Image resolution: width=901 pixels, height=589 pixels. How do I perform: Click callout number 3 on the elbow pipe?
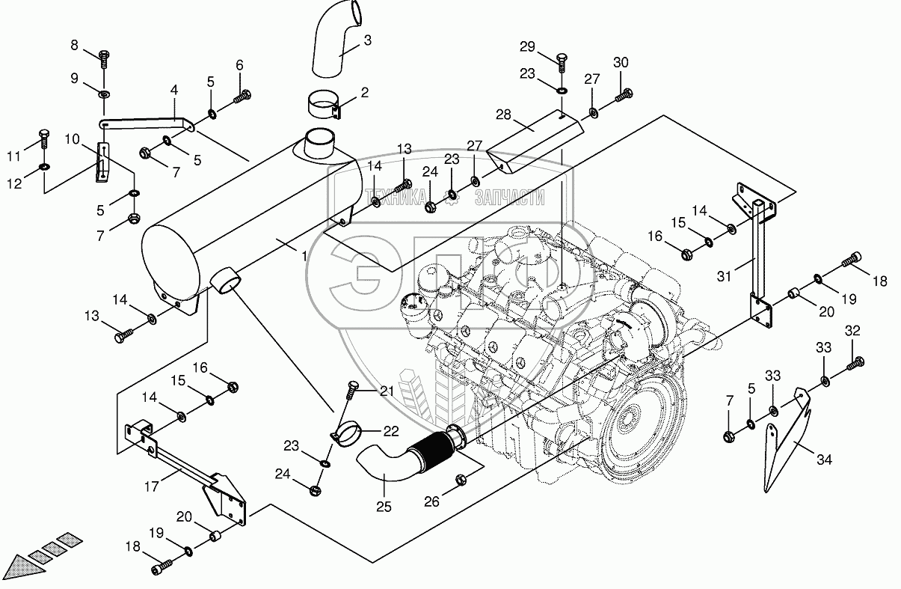[x=367, y=40]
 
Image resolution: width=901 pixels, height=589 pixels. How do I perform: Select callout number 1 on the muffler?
[x=304, y=257]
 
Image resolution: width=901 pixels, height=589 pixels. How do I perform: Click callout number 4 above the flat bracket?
[x=174, y=90]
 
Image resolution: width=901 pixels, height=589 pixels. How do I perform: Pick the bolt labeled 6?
[x=244, y=95]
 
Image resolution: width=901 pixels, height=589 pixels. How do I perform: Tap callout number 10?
[x=72, y=139]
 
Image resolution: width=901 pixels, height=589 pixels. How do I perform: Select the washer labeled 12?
[x=43, y=166]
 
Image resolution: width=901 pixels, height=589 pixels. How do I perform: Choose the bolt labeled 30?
[x=624, y=95]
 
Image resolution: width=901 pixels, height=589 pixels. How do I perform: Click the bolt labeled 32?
[x=855, y=364]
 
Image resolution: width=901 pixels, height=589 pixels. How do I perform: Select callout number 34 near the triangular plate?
[x=824, y=460]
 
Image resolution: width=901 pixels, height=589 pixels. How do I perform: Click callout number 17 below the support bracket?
[x=152, y=485]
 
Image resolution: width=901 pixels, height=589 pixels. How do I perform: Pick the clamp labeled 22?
[x=348, y=433]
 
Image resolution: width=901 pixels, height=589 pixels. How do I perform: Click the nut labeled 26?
[x=461, y=479]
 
